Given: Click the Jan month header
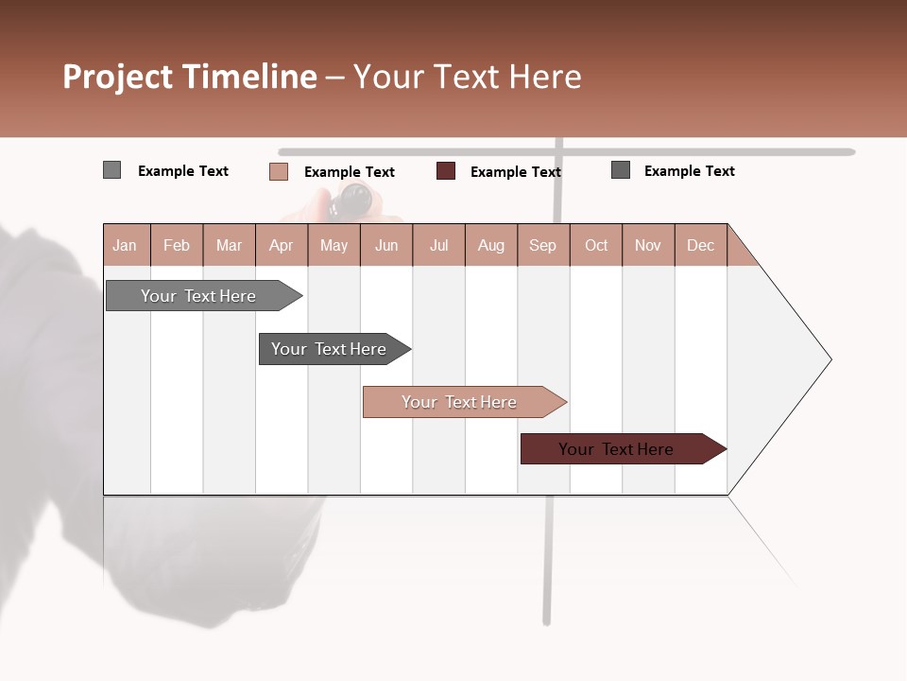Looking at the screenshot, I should [x=126, y=245].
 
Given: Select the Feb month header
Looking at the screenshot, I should [x=177, y=245].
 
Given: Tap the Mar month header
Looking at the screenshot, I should [x=229, y=245].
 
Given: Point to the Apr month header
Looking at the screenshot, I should [x=281, y=245].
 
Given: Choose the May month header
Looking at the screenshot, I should [x=334, y=245].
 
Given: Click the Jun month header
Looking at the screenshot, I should [x=386, y=245].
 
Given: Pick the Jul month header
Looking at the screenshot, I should [x=438, y=245].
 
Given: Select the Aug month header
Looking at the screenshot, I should [x=490, y=245].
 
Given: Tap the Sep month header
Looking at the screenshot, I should [x=542, y=245].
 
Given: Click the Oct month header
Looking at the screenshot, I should [x=596, y=245].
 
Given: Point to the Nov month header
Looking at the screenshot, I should [x=648, y=245].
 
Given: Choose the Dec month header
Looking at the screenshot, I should [x=700, y=245].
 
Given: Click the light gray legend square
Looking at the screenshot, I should [x=111, y=170].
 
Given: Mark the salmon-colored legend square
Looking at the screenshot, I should [x=279, y=171].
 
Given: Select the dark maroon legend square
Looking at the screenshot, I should [x=446, y=171].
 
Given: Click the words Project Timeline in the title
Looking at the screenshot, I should [x=190, y=77].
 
